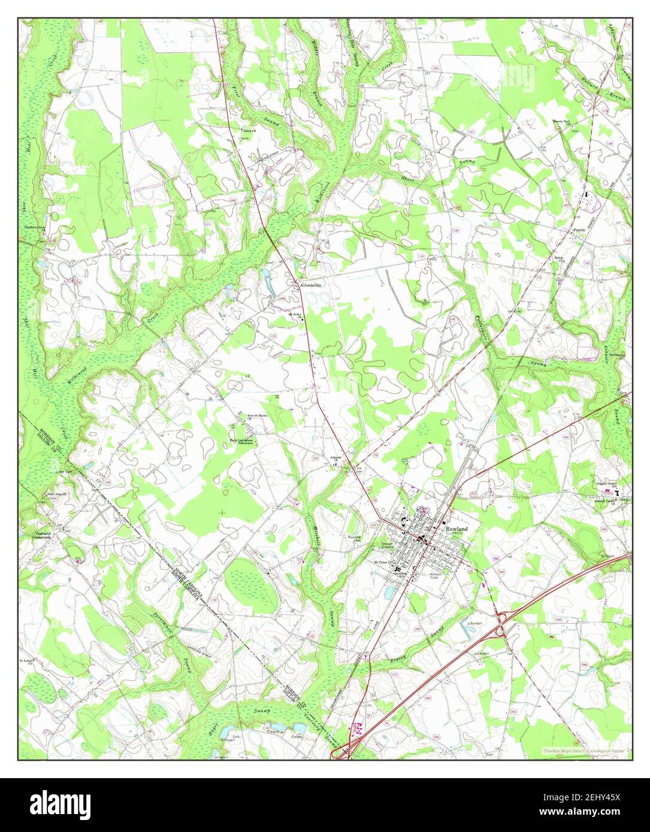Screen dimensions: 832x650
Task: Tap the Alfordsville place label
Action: pyautogui.click(x=310, y=286)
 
